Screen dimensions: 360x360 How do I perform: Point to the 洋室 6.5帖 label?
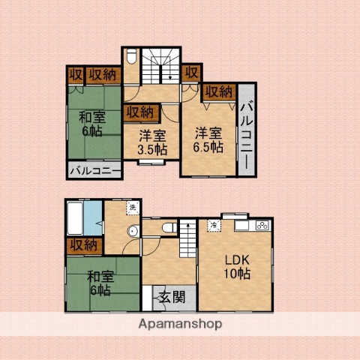tap(208, 139)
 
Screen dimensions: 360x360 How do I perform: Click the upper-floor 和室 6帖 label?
tap(92, 123)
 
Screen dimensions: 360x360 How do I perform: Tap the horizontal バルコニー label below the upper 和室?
tap(94, 171)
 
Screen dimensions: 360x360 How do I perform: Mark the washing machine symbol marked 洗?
tap(132, 208)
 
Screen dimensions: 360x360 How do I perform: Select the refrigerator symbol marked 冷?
tap(213, 226)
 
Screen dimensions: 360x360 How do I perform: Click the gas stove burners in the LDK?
tap(261, 225)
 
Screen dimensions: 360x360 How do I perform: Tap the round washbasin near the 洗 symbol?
tap(133, 230)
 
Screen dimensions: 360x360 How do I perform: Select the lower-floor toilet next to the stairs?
tap(169, 226)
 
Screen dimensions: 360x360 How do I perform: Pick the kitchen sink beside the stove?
tap(242, 225)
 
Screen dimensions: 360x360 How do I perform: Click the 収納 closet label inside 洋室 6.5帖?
tap(218, 91)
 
